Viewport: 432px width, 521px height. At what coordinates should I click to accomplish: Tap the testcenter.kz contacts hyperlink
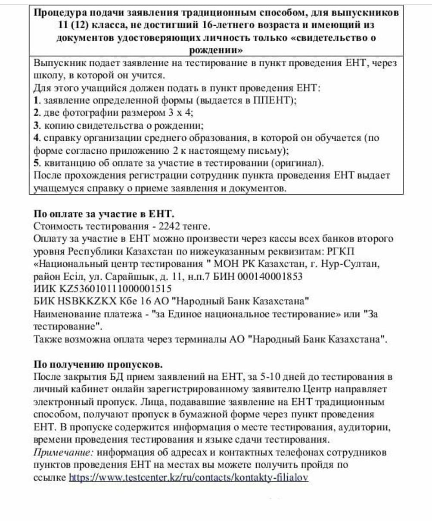pos(189,478)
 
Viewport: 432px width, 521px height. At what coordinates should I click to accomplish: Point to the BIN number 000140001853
pos(267,276)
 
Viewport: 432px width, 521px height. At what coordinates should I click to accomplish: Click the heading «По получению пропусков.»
pos(98,364)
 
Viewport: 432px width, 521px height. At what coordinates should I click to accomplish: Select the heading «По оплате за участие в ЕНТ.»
pos(104,214)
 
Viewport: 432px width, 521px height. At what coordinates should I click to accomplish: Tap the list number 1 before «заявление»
pos(36,101)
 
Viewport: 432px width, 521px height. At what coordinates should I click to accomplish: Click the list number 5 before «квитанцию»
pos(36,163)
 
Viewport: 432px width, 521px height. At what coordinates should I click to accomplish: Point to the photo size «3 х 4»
pos(179,113)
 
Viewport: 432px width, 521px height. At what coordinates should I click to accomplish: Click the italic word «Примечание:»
pos(63,453)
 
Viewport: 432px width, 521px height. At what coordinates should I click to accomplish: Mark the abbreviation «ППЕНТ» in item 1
pos(277,101)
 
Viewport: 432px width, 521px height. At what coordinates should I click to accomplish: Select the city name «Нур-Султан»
pos(351,264)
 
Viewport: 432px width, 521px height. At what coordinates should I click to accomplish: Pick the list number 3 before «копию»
pos(36,126)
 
